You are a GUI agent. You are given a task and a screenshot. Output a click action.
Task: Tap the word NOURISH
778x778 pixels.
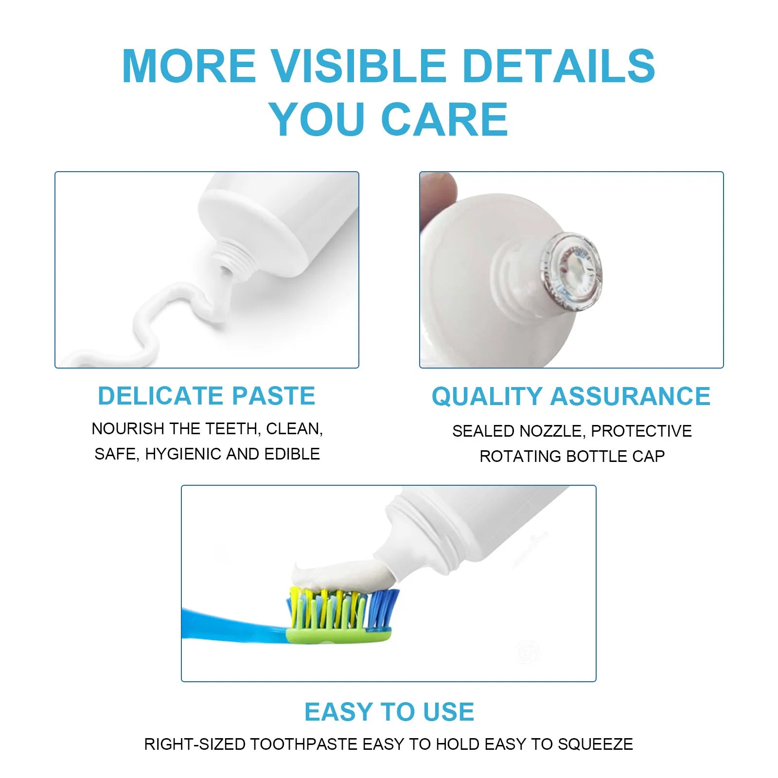click(128, 428)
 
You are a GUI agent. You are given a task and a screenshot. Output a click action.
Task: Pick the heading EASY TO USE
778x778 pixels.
click(389, 712)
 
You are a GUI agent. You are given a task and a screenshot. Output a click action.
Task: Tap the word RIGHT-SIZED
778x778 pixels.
click(194, 744)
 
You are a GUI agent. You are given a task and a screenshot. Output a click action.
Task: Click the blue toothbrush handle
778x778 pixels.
click(229, 625)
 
